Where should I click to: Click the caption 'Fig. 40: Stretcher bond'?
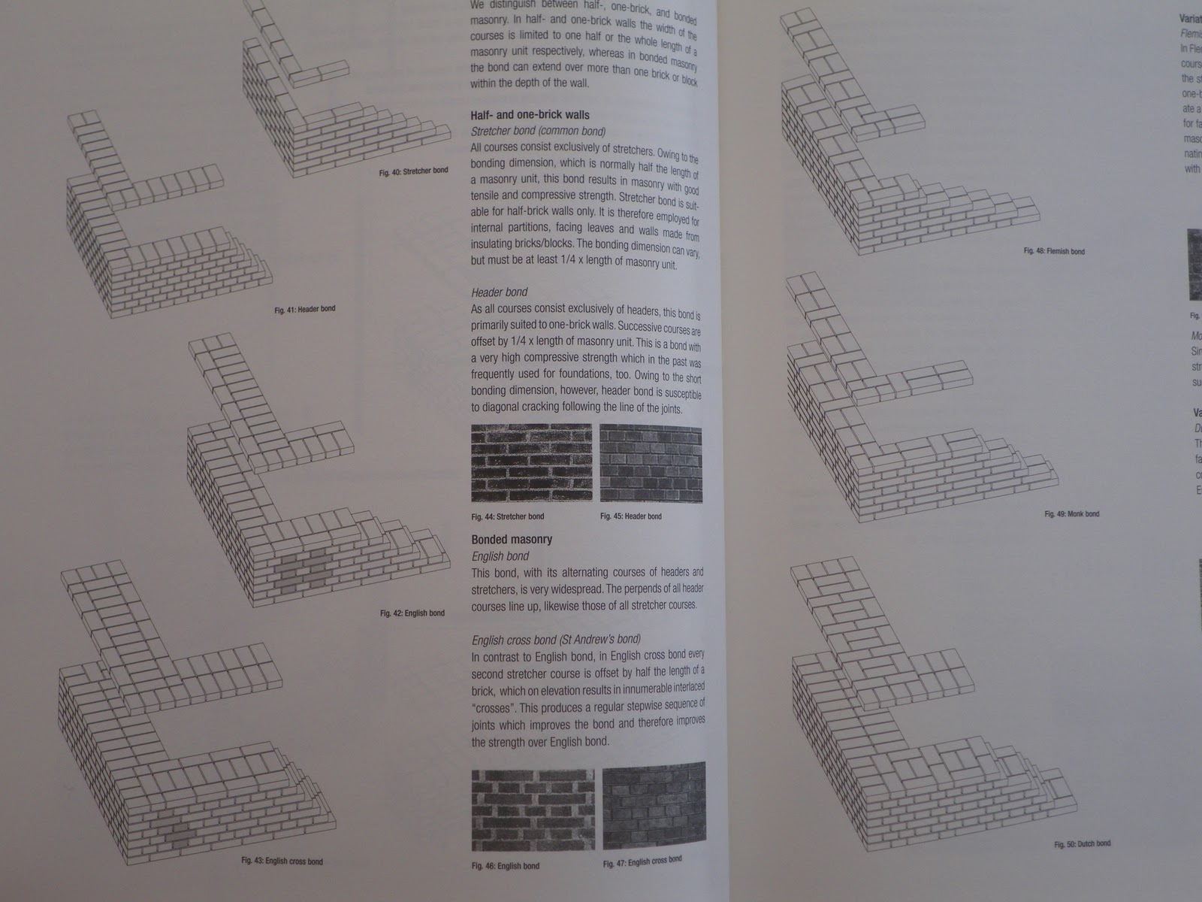[x=413, y=171]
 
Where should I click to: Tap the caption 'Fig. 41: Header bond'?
[x=305, y=309]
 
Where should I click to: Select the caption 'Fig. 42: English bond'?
[x=412, y=613]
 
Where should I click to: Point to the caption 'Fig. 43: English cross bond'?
[x=282, y=861]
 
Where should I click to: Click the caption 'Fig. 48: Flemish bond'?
[x=1054, y=251]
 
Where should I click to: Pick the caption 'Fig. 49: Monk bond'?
[x=1071, y=514]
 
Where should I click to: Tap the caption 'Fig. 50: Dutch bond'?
[x=1082, y=844]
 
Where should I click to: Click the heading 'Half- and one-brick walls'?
[x=530, y=115]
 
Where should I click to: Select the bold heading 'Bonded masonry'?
[x=512, y=539]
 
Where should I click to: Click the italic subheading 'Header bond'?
[x=500, y=292]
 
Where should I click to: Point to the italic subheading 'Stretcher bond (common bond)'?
[x=538, y=131]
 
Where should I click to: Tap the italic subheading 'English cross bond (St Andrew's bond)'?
[x=556, y=640]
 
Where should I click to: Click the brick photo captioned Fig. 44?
[x=531, y=463]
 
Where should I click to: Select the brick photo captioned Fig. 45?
[x=651, y=463]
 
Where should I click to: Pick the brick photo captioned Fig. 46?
[x=533, y=810]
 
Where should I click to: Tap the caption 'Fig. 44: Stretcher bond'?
[x=507, y=516]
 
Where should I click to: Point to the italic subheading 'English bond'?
[x=500, y=556]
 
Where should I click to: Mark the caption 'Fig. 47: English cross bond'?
[x=642, y=861]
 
